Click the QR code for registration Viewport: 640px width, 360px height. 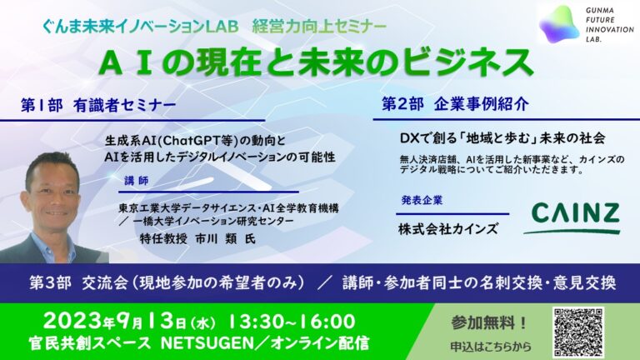(578, 332)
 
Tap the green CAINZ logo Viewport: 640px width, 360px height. (573, 218)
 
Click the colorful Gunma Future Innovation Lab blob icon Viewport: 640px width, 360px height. (560, 24)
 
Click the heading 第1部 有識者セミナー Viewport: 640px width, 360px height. (98, 105)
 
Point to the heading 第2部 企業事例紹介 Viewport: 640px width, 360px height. (455, 103)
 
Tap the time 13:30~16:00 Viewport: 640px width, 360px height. (291, 321)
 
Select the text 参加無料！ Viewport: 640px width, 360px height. (489, 322)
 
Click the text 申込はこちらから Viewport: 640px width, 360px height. (491, 347)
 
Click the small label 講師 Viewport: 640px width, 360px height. (137, 180)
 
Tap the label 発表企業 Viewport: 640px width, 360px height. (422, 200)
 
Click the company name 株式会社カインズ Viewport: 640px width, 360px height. (447, 229)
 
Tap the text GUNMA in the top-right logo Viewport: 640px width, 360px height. (600, 10)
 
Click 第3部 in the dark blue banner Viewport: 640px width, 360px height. (50, 282)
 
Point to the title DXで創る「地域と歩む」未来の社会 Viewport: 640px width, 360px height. (502, 139)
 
